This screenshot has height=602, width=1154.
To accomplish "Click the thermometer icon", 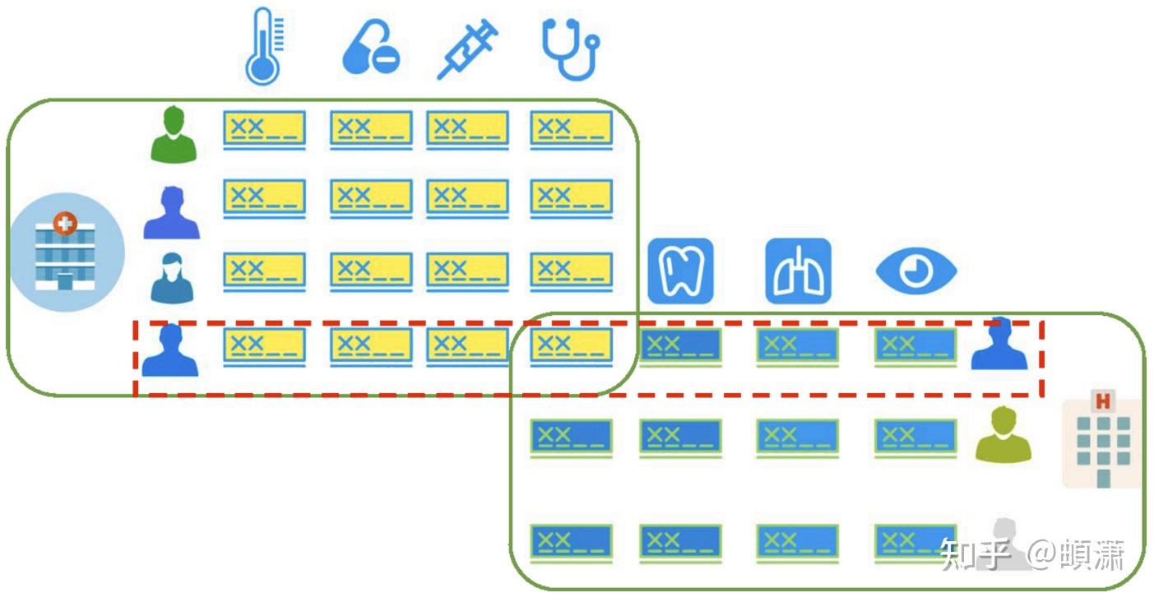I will point(262,46).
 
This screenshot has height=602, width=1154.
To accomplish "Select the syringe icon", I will point(466,50).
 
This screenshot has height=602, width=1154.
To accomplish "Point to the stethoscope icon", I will point(570,49).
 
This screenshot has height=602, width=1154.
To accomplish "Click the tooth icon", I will point(679,271).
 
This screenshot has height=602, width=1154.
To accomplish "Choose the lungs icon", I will point(798,271).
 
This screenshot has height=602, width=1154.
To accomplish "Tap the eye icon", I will point(915,271).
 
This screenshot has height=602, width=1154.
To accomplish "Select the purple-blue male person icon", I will point(172,213).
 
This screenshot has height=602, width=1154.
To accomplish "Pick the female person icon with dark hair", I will point(172,278).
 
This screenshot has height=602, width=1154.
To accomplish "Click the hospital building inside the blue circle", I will point(65,252).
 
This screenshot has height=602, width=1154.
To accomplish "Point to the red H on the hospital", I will point(1101,401).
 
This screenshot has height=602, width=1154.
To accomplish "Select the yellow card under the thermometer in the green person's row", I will point(264,130).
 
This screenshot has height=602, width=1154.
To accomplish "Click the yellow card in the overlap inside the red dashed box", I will point(571,345).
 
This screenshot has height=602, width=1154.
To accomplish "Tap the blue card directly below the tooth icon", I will point(680,345).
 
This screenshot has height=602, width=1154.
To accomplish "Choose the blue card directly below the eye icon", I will point(915,345).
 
